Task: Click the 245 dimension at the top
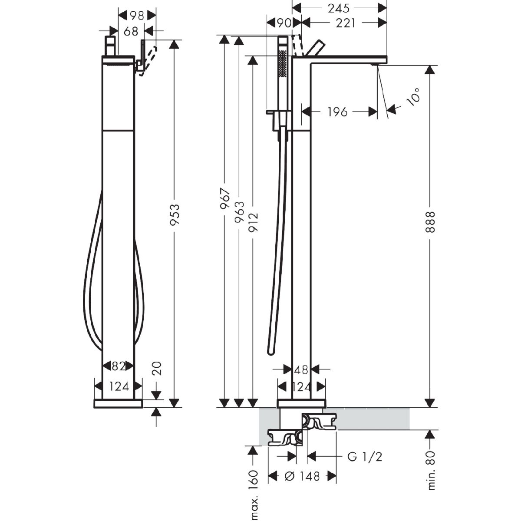tap(339, 9)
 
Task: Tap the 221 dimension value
tap(345, 23)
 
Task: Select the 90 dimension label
tap(284, 23)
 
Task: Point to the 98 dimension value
tap(137, 16)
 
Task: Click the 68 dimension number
tap(131, 31)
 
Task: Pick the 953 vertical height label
tap(175, 214)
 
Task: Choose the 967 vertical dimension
tap(225, 199)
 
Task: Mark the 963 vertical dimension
tap(239, 212)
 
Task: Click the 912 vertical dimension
tap(253, 222)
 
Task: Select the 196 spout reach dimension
tap(337, 112)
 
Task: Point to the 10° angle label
tap(413, 97)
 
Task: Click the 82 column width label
tap(119, 366)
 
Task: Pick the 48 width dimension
tap(301, 370)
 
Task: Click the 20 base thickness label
tap(157, 368)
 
